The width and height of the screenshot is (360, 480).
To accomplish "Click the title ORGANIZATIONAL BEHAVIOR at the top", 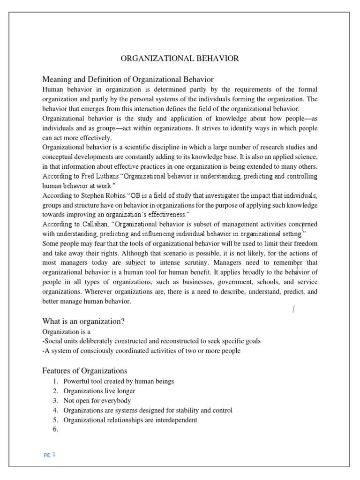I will click(x=180, y=59).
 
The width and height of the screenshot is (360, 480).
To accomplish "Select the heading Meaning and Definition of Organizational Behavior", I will click(x=128, y=79).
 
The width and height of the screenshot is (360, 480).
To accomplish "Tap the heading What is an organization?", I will click(x=83, y=321).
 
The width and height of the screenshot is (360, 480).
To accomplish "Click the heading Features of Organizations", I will click(x=84, y=370).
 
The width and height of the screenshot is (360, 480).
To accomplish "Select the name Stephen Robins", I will click(x=106, y=195).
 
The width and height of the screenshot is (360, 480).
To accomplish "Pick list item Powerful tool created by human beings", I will click(x=119, y=381).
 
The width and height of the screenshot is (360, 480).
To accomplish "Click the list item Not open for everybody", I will click(x=97, y=401).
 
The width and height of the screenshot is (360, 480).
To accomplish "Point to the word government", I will click(x=241, y=282).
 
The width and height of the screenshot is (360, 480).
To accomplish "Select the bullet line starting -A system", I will click(x=141, y=351).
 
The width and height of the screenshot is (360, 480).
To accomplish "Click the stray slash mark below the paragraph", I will click(x=293, y=309).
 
